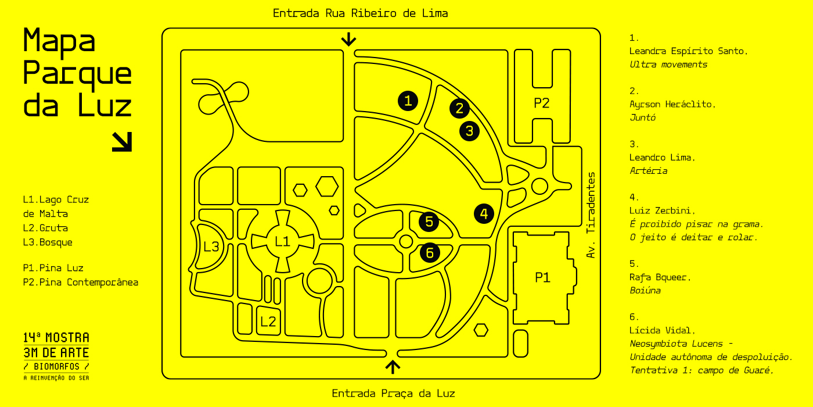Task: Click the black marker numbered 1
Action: coord(408,101)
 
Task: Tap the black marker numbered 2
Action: coord(459,108)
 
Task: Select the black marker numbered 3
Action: coord(469,131)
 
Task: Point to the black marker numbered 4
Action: coord(484,213)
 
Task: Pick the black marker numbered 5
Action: coord(429,221)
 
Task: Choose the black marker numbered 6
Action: coord(429,252)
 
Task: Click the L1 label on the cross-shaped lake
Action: coord(282,241)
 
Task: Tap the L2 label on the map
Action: coord(268,322)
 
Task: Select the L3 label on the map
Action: coord(211,247)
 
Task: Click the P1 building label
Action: coord(542,277)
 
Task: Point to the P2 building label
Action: coord(541,103)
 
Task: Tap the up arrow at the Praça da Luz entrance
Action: coord(393,366)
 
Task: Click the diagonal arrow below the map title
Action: coord(122,141)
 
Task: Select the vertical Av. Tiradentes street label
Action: coord(591,215)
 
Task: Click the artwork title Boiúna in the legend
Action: coord(645,290)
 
